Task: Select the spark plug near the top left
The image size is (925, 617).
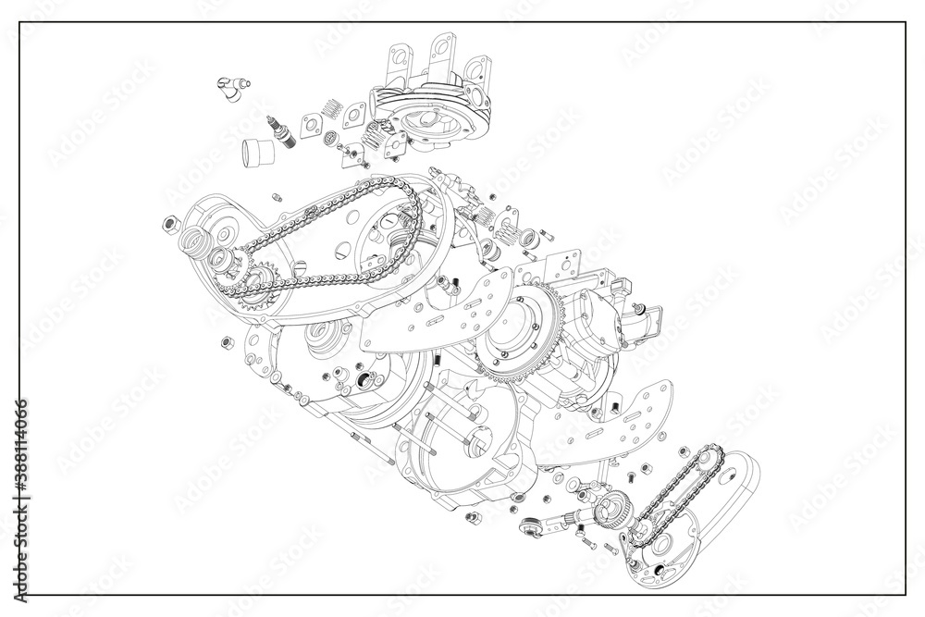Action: click(282, 130)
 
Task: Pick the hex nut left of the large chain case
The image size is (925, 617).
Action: click(169, 223)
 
